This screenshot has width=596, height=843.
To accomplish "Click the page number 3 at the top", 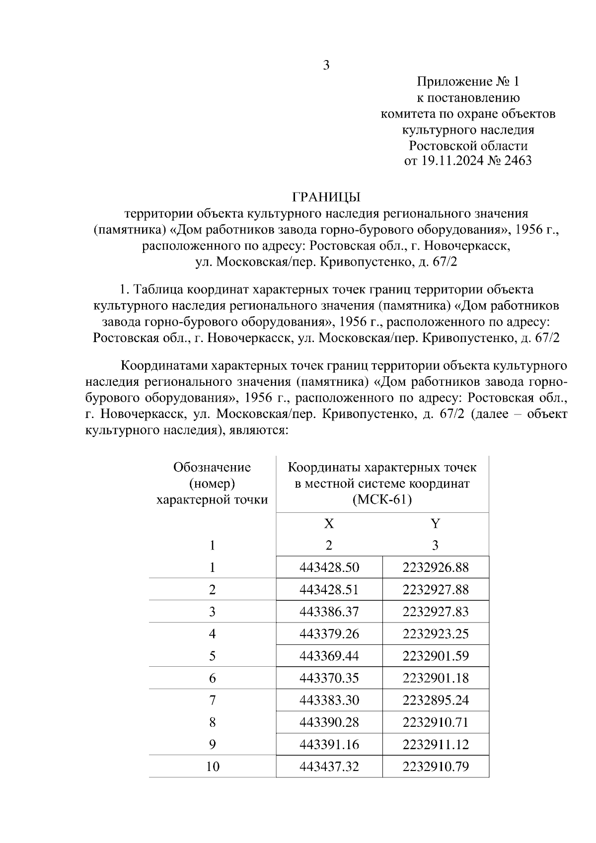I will pyautogui.click(x=326, y=65).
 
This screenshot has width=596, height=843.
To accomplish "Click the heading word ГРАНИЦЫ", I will pyautogui.click(x=326, y=197).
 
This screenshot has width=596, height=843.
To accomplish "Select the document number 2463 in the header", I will pyautogui.click(x=518, y=161).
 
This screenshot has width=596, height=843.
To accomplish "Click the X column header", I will pyautogui.click(x=329, y=523).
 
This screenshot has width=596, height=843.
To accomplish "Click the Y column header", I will pyautogui.click(x=435, y=523).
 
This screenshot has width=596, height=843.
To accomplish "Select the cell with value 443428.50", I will pyautogui.click(x=329, y=567).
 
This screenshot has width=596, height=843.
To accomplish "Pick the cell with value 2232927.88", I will pyautogui.click(x=436, y=589).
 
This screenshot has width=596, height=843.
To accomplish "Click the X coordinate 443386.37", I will pyautogui.click(x=329, y=611).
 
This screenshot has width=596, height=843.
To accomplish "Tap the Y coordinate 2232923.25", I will pyautogui.click(x=436, y=633).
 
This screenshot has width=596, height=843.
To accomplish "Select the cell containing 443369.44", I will pyautogui.click(x=329, y=656).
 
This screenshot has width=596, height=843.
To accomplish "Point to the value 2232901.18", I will pyautogui.click(x=436, y=678).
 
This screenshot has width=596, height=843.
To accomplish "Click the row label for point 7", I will pyautogui.click(x=213, y=700).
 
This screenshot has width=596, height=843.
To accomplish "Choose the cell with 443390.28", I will pyautogui.click(x=329, y=722).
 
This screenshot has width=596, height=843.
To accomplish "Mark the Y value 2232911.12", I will pyautogui.click(x=436, y=744).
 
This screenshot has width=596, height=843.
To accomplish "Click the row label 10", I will pyautogui.click(x=213, y=767).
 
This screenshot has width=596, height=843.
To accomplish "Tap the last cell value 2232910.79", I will pyautogui.click(x=436, y=767).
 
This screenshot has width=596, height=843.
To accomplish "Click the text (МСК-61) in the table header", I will pyautogui.click(x=382, y=499).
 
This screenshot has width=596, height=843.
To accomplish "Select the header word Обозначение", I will pyautogui.click(x=212, y=467).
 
